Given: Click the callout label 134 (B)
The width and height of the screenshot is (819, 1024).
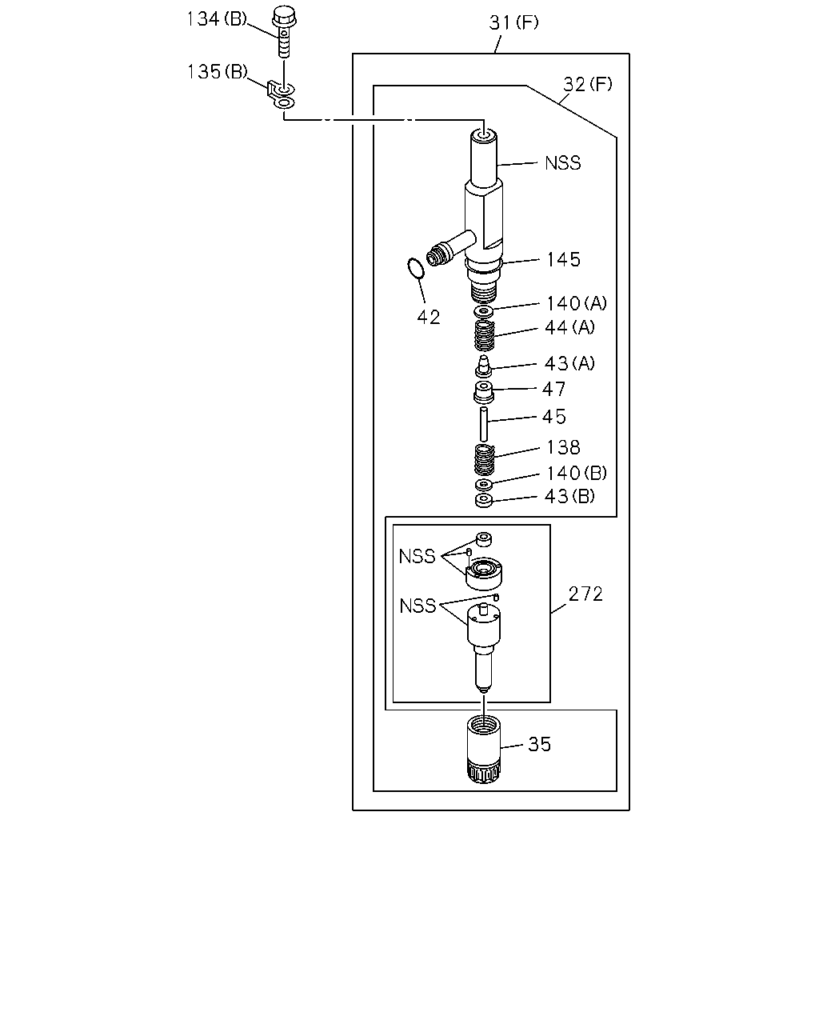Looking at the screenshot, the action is [x=217, y=19].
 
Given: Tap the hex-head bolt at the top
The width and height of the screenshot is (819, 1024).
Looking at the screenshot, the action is [x=284, y=31].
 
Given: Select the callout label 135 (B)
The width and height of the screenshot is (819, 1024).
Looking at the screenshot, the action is [x=218, y=72].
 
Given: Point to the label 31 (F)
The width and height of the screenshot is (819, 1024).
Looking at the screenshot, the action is [x=514, y=22].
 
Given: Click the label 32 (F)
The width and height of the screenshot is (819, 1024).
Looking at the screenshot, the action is [x=588, y=84].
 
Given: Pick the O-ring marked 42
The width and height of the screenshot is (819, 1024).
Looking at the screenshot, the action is [x=416, y=268].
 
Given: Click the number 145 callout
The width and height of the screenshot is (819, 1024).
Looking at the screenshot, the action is [x=563, y=260].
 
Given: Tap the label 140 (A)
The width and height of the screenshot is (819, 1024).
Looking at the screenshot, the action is [x=577, y=303].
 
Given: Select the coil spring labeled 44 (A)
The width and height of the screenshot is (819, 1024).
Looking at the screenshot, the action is [x=484, y=335].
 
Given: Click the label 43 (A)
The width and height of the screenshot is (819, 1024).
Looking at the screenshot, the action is [x=569, y=363].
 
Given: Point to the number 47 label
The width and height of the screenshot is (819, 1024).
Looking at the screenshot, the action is [x=554, y=390].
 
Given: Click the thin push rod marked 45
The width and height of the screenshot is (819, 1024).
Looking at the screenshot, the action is [x=484, y=424].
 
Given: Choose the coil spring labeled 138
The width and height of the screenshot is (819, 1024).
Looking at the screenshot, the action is [x=485, y=460].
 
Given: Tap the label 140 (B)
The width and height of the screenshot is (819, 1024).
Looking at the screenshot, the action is [x=577, y=473].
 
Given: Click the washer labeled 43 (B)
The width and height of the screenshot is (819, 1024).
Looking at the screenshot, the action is [x=484, y=501].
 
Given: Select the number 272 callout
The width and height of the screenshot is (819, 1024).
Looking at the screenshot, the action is [x=585, y=594].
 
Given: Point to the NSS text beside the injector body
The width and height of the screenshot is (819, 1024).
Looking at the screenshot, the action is [x=563, y=163].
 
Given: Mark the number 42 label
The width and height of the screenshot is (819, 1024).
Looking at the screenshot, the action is [x=429, y=318].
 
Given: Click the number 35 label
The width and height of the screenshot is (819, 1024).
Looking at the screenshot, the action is [x=540, y=745].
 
